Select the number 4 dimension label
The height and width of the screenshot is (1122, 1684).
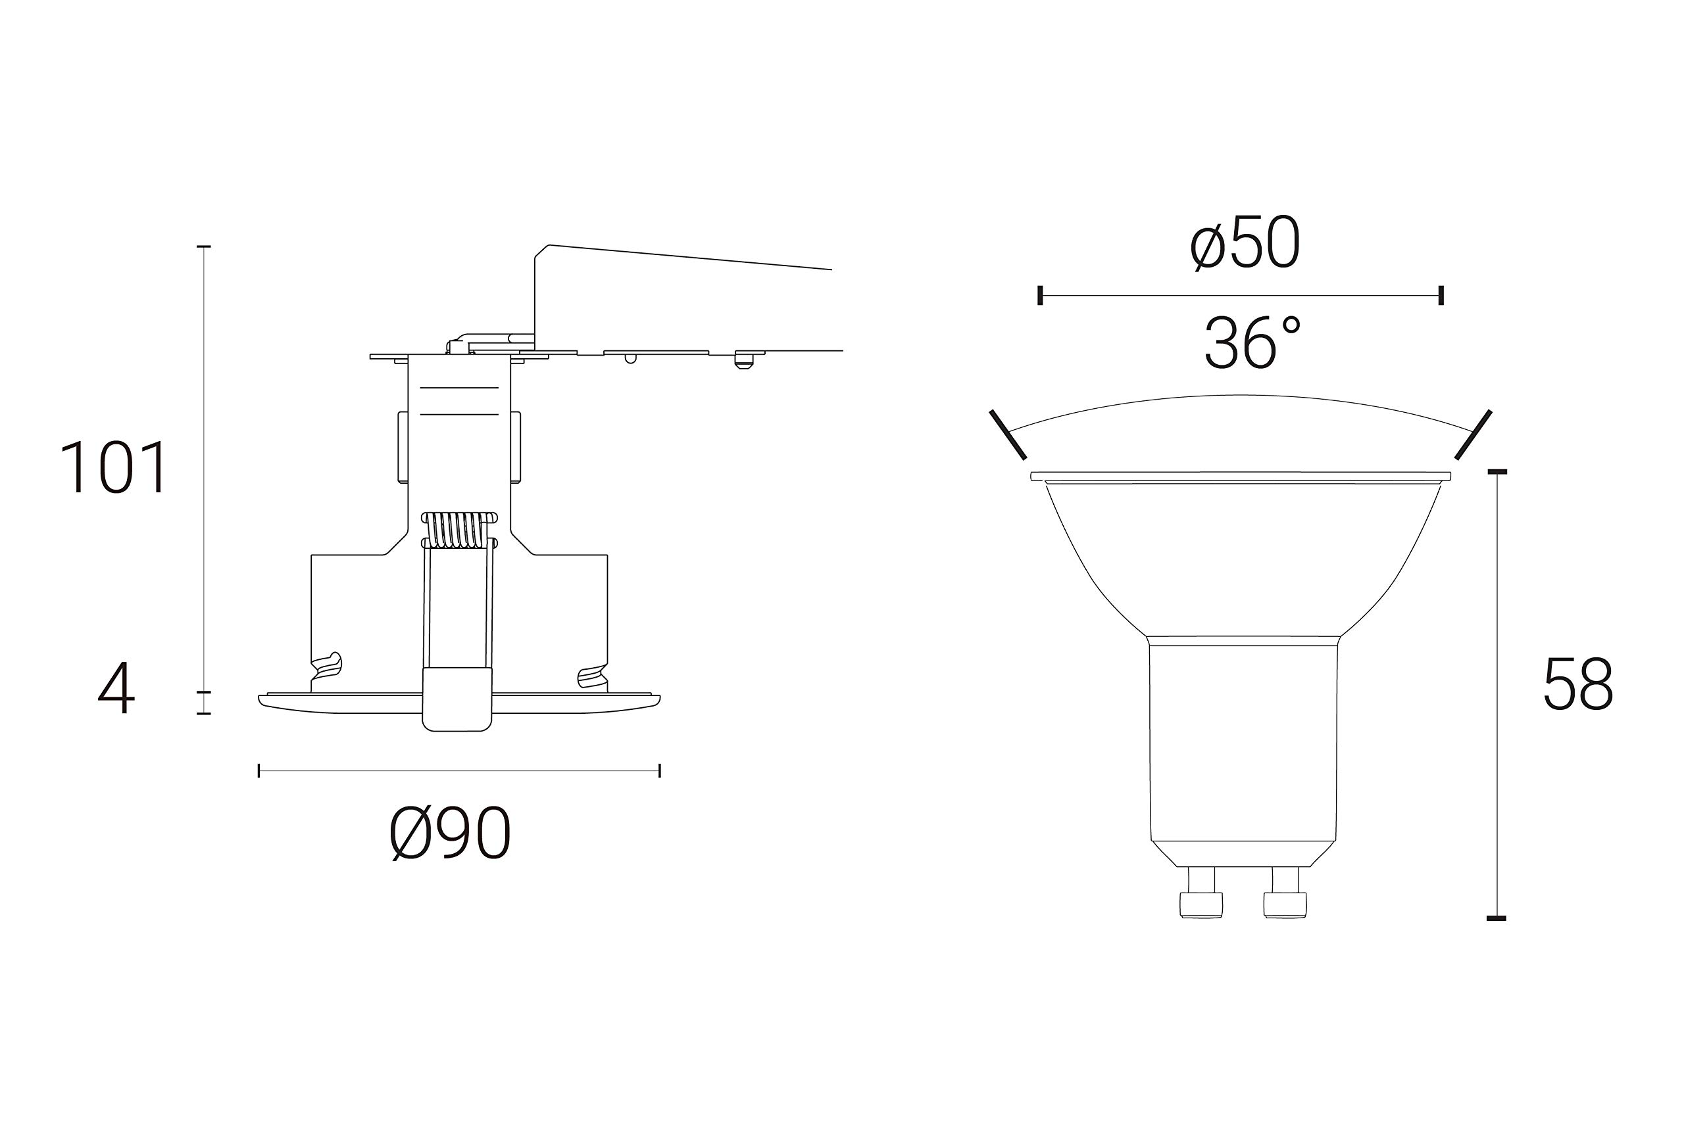tap(116, 688)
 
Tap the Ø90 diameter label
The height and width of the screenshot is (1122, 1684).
tap(451, 833)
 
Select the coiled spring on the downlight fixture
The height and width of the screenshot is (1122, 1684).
tap(460, 531)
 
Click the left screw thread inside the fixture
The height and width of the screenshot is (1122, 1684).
tap(326, 665)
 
